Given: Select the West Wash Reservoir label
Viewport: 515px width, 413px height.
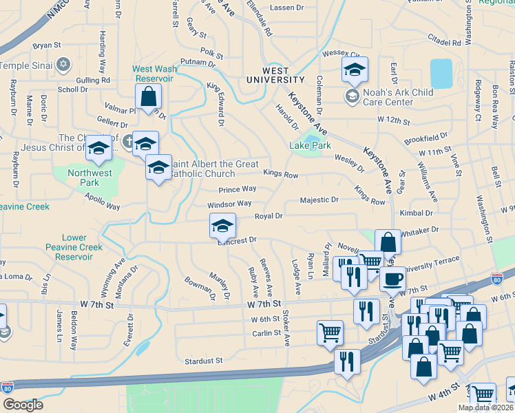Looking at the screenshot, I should [x=152, y=74].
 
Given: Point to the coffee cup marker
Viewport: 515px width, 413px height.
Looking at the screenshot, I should [x=392, y=279].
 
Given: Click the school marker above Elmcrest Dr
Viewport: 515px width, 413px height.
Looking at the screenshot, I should [x=222, y=226].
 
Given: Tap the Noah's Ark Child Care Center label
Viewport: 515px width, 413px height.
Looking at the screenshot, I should [x=389, y=98].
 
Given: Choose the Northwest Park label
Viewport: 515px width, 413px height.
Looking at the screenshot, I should [x=90, y=178].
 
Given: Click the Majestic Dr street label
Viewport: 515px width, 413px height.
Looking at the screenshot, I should [x=319, y=200].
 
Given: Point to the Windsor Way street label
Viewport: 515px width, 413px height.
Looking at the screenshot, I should [x=229, y=204].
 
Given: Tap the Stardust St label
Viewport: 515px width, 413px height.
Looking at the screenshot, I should [x=204, y=360].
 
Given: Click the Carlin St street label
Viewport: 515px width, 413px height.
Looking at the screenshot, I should [x=264, y=333].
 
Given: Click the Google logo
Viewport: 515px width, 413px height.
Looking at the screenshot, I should [x=23, y=404].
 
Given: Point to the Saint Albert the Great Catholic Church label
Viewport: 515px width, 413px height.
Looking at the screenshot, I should [x=213, y=169].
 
